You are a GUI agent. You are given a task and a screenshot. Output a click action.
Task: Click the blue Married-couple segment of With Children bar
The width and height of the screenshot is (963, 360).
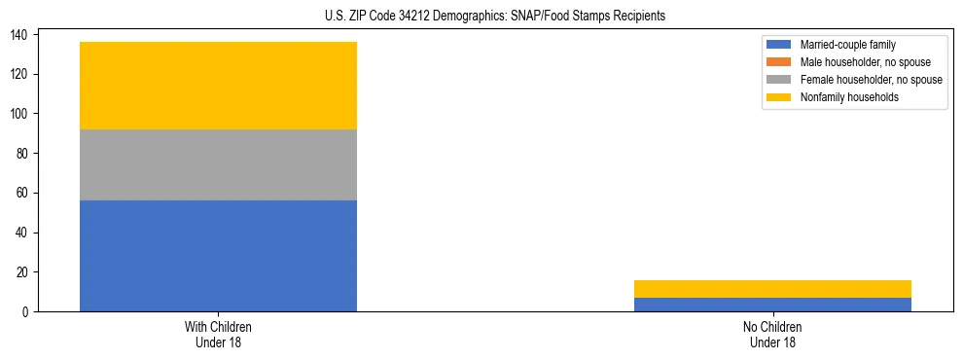(218, 256)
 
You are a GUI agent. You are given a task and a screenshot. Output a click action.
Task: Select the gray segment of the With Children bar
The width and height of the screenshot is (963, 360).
(218, 164)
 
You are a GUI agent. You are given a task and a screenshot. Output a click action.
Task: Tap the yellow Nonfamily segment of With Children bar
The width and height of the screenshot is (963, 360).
(218, 86)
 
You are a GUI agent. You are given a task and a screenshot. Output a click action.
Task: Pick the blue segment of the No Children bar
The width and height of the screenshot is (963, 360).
(772, 305)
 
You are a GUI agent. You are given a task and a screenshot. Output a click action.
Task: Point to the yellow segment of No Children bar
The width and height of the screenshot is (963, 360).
(772, 289)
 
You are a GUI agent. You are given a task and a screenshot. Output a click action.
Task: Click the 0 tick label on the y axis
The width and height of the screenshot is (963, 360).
(26, 311)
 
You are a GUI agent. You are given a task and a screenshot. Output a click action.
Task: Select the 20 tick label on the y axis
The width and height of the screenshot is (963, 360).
(23, 272)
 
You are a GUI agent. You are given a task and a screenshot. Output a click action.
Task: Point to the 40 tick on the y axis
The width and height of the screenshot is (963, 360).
(23, 233)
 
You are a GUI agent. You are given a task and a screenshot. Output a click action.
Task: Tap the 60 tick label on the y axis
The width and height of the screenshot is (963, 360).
(23, 193)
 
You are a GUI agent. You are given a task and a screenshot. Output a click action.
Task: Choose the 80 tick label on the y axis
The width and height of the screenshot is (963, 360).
(23, 154)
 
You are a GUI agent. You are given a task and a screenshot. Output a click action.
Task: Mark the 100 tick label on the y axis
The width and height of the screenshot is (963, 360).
(20, 114)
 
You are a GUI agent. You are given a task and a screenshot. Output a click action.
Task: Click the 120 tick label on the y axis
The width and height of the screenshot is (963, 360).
(20, 74)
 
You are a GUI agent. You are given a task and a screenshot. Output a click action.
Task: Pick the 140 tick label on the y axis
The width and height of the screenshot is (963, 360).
(20, 35)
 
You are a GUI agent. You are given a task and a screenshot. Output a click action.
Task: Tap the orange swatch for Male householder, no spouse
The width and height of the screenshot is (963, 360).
(779, 62)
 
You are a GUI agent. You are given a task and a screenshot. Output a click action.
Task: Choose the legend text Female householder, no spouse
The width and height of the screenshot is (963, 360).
(871, 80)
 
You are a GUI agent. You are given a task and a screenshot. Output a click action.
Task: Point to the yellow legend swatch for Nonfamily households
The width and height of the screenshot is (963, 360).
(779, 97)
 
